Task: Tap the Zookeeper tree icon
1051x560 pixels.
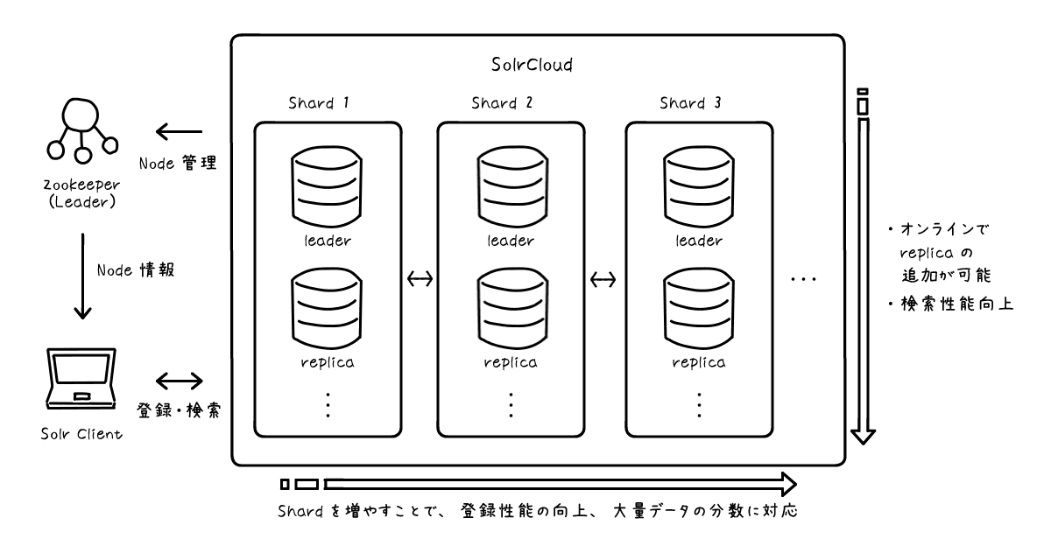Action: tap(81, 131)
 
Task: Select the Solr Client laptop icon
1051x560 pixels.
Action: tap(81, 378)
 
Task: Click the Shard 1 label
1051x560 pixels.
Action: tap(319, 102)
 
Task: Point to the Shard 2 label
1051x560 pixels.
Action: tap(502, 102)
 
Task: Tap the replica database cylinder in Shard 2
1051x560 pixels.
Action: tap(511, 305)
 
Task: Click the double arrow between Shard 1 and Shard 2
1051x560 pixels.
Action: tap(421, 280)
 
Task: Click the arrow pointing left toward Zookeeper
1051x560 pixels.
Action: tap(179, 133)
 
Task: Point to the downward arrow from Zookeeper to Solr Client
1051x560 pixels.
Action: tap(81, 276)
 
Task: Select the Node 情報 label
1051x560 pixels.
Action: tap(135, 270)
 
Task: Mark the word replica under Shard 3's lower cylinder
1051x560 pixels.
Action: tap(699, 361)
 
